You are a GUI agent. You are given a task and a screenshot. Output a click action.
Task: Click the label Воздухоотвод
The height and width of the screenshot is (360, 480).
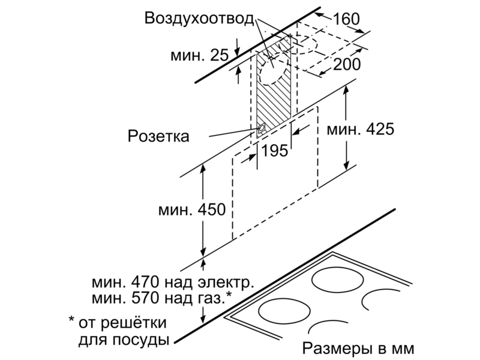(x=199, y=19)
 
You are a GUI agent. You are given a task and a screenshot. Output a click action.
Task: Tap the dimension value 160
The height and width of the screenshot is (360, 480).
(x=346, y=19)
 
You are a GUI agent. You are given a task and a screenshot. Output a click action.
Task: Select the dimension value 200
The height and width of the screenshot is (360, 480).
(x=347, y=64)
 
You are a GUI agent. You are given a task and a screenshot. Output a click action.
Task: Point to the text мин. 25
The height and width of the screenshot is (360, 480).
(x=199, y=55)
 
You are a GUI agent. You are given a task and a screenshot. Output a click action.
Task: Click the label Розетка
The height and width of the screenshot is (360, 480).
(x=158, y=136)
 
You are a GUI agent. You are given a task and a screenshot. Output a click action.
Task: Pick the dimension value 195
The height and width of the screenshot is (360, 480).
(x=275, y=151)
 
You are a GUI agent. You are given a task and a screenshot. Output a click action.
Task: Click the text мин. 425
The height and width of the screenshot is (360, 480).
(x=361, y=129)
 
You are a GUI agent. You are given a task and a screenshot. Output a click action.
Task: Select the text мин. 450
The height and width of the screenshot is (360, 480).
(x=192, y=209)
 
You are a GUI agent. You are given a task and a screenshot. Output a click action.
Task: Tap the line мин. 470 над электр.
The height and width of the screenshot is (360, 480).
(x=173, y=282)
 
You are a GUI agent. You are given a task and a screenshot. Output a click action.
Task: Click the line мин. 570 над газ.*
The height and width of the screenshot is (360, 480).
(x=162, y=298)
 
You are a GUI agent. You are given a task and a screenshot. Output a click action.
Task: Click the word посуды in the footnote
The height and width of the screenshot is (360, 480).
(x=140, y=340)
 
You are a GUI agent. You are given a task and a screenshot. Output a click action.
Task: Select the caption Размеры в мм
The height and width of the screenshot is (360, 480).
(x=358, y=349)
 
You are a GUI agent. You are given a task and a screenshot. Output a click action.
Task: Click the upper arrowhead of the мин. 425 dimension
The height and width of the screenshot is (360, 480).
(x=346, y=89)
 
